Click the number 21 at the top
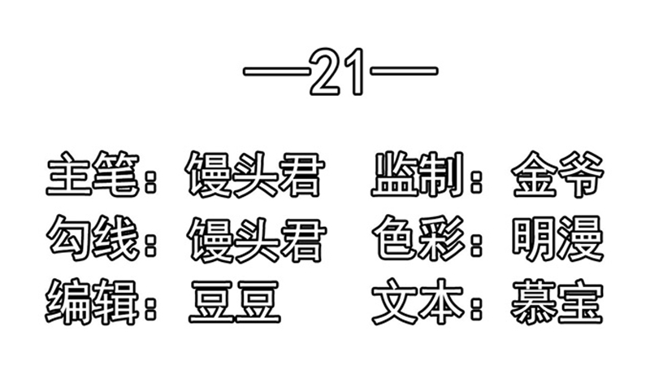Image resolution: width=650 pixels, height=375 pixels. tap(336, 72)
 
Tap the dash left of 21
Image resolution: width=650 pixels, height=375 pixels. tap(276, 72)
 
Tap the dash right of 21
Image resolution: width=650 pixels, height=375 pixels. tap(404, 72)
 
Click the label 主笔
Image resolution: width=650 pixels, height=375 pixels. tap(92, 174)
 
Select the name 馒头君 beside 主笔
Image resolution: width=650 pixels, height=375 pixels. tap(254, 174)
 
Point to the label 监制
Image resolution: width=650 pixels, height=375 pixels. tap(417, 174)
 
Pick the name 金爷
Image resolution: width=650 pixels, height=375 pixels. tap(558, 174)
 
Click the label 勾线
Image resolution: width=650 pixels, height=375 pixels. tap(92, 238)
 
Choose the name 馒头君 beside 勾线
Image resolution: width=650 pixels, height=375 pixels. tap(257, 240)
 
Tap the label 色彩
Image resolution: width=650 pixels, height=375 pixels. tap(418, 238)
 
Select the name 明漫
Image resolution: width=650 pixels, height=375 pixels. tap(558, 238)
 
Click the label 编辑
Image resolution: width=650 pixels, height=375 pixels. tap(92, 302)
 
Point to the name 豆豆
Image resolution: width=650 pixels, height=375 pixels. tap(235, 302)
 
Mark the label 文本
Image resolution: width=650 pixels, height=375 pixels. tap(418, 302)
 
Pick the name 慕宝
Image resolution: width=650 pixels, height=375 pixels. tap(557, 302)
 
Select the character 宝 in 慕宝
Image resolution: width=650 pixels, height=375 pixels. tap(581, 302)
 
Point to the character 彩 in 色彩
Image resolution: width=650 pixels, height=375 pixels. tap(443, 238)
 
